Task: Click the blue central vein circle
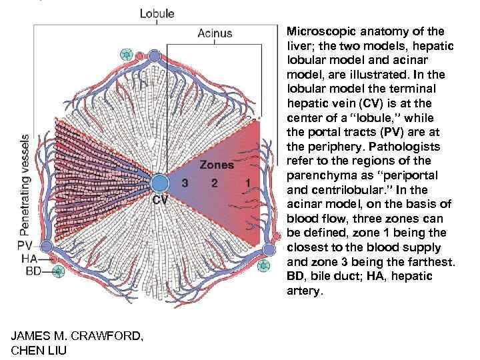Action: [x=159, y=184]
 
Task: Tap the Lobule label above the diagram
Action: [x=157, y=13]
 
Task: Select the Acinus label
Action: [x=215, y=33]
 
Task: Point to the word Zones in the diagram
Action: [x=217, y=165]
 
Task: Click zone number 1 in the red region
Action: [x=247, y=182]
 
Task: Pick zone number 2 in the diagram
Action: [x=215, y=182]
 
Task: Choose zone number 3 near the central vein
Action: [x=185, y=182]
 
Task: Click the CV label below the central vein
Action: [x=161, y=200]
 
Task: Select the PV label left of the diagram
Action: [x=25, y=245]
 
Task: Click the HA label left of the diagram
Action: [x=30, y=258]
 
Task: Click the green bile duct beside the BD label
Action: [x=59, y=270]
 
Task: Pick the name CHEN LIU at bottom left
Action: [x=39, y=349]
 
